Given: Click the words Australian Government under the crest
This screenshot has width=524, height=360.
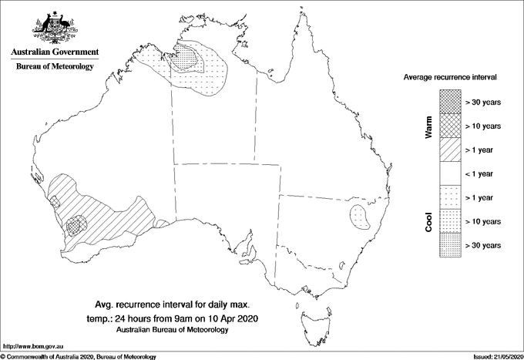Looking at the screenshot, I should pos(54,52).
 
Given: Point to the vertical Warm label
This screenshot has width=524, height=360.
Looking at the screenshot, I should pos(429,127).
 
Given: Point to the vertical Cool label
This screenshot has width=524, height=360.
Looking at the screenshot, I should pos(429,222).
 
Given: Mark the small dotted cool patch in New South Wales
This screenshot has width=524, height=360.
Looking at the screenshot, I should pos(360,215).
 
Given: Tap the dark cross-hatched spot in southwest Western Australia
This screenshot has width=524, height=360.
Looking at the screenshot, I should pos(76,226).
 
